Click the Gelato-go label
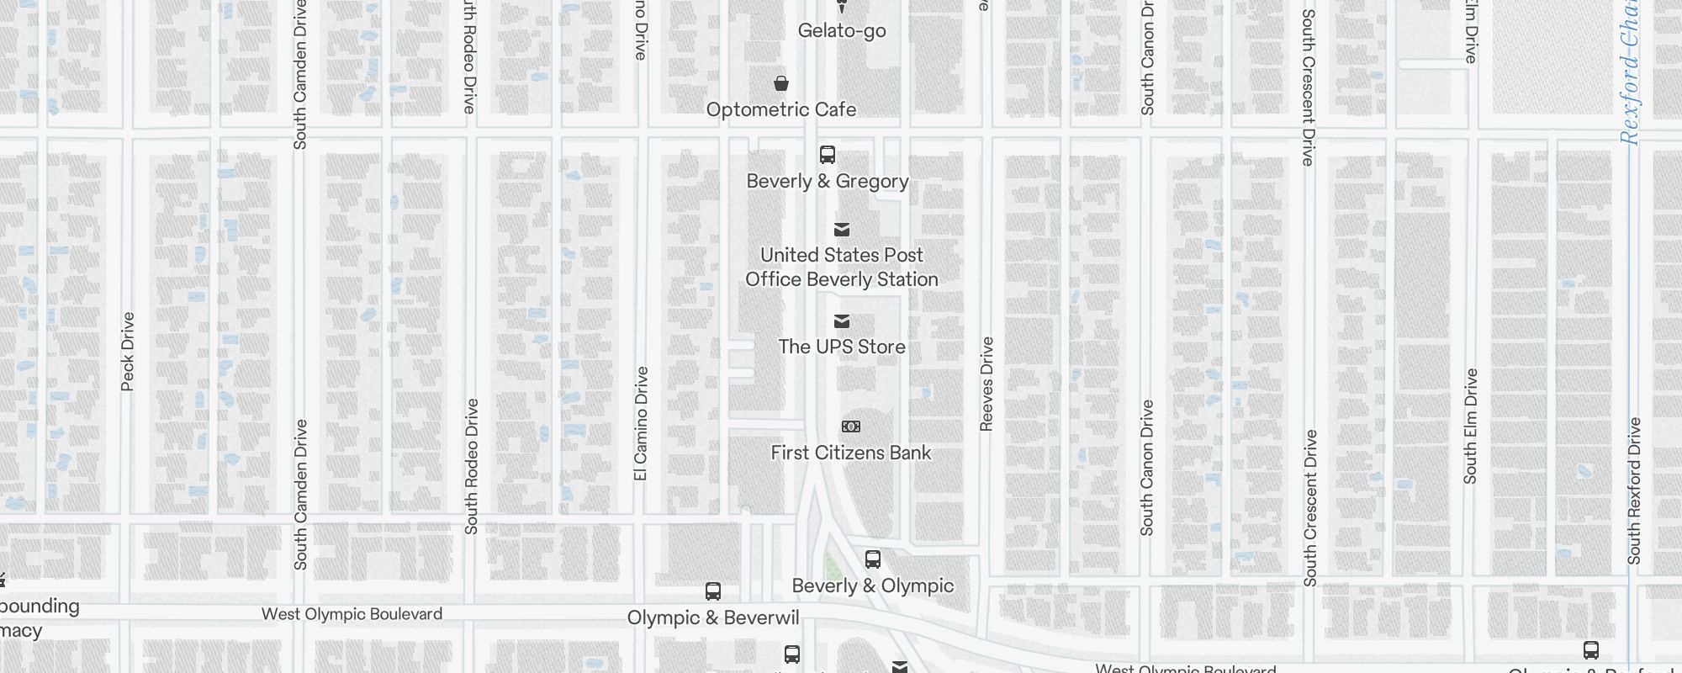(842, 31)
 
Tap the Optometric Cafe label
(781, 109)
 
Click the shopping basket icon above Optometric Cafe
(781, 83)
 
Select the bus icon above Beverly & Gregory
(828, 155)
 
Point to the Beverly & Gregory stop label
(828, 181)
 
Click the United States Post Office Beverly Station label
(842, 267)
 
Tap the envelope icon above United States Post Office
(842, 230)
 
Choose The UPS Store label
(842, 347)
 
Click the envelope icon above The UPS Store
(842, 321)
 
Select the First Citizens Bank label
(851, 453)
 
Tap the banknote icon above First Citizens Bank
(851, 427)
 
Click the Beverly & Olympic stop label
(873, 586)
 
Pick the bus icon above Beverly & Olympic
(873, 559)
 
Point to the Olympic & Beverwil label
(713, 617)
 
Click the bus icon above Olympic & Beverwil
(713, 591)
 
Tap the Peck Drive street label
(128, 352)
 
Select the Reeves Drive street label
(987, 384)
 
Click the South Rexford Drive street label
(1634, 490)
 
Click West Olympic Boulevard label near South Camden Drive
(352, 614)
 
